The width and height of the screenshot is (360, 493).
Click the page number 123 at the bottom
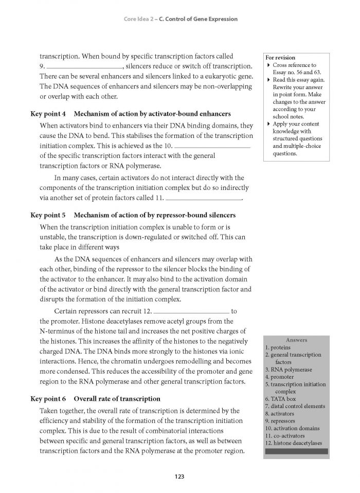click(x=179, y=477)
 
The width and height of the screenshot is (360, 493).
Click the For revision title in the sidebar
click(x=280, y=58)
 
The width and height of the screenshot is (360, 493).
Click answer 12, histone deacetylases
click(x=294, y=443)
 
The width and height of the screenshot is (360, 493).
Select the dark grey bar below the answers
click(x=296, y=451)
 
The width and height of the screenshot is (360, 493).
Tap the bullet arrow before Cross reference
click(x=268, y=65)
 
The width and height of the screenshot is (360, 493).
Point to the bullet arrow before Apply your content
click(x=268, y=124)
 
